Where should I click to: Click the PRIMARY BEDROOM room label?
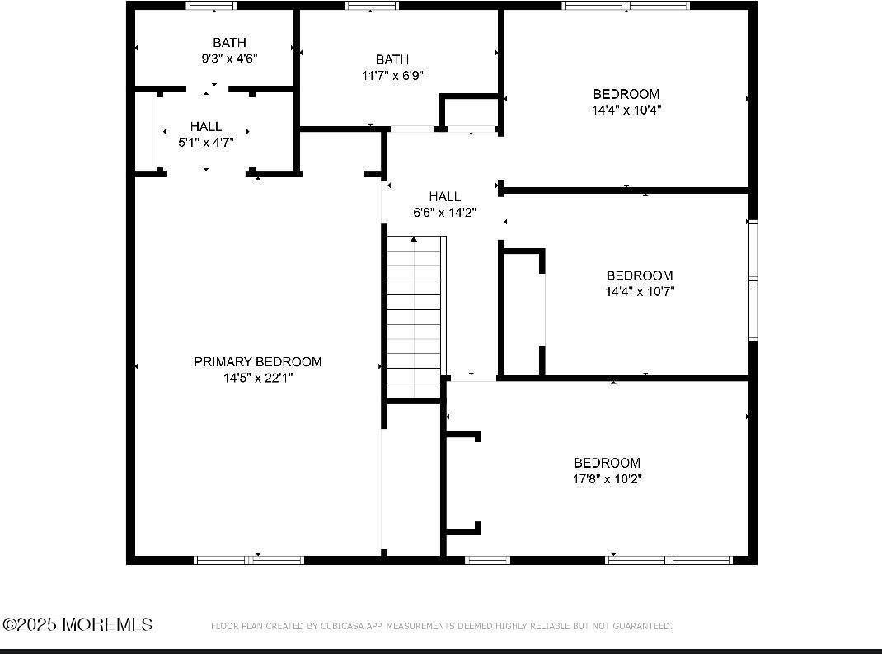(x=258, y=361)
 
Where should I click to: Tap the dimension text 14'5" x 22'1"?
(x=258, y=378)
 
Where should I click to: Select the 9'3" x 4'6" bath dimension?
(x=229, y=59)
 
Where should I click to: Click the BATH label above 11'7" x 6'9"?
(x=392, y=59)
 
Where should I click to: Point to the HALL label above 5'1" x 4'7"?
(x=206, y=126)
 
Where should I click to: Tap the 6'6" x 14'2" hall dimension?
(x=445, y=212)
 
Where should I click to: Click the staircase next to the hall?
(x=415, y=317)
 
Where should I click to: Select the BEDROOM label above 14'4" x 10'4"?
(x=626, y=94)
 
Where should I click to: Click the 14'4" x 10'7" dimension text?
(x=640, y=291)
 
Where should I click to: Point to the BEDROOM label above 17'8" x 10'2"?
(x=608, y=463)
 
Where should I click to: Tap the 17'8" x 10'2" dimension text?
(x=608, y=478)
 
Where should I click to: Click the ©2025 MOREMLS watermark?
(x=77, y=624)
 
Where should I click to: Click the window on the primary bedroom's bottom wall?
(x=249, y=560)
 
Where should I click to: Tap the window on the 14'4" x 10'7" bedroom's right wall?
(x=752, y=280)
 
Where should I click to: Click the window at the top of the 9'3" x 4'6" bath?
(x=212, y=6)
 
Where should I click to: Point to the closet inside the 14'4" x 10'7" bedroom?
(x=523, y=313)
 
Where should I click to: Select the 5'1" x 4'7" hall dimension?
(x=206, y=142)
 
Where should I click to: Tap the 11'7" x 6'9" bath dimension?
(x=392, y=75)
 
